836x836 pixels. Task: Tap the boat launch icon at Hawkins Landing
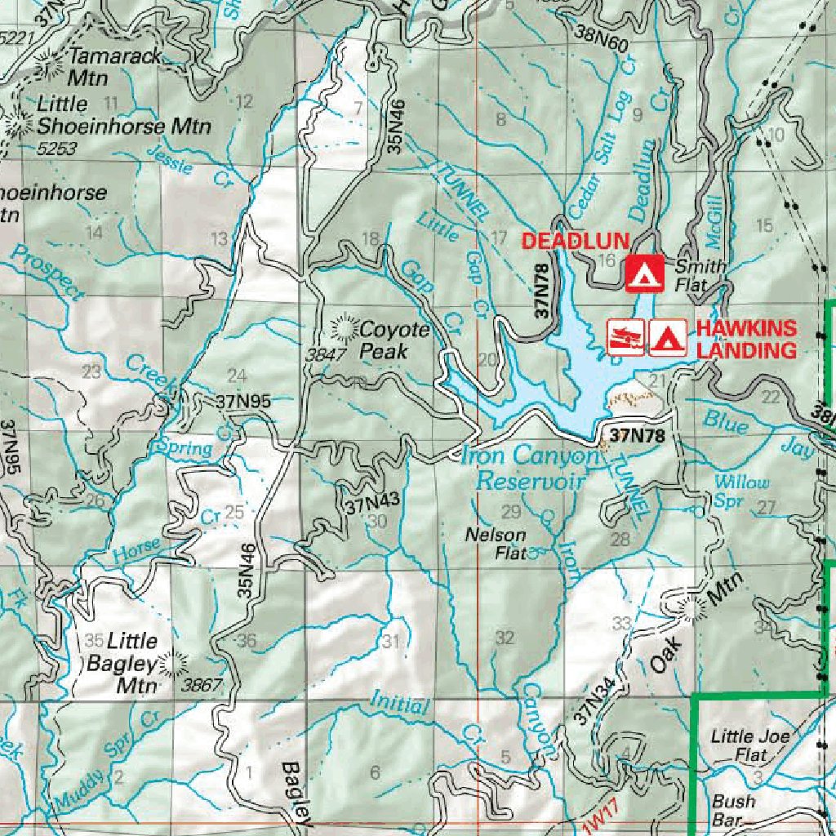click(626, 337)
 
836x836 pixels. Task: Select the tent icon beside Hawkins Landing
click(667, 337)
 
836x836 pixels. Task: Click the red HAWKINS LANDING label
click(745, 340)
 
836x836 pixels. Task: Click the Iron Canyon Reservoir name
click(531, 468)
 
